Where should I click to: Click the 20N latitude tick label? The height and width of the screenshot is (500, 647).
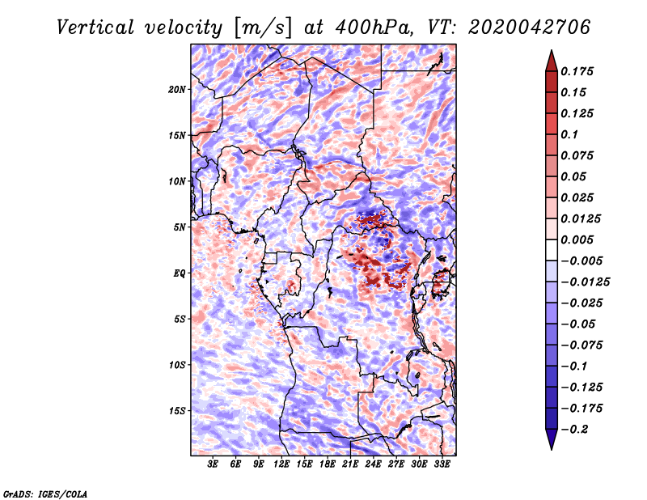[x=177, y=90]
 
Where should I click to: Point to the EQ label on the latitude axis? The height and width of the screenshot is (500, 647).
[x=179, y=273]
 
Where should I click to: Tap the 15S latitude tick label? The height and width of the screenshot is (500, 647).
[x=177, y=411]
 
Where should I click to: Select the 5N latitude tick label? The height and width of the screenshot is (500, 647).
[x=180, y=227]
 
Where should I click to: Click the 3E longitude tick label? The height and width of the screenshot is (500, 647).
[x=213, y=464]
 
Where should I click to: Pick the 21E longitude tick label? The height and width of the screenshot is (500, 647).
[x=350, y=464]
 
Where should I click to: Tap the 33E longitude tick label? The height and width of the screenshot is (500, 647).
[x=442, y=464]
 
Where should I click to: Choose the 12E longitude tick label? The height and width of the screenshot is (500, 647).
[x=281, y=464]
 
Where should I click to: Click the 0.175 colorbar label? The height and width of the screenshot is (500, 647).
[x=577, y=71]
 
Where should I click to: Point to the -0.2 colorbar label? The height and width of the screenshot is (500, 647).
[x=574, y=430]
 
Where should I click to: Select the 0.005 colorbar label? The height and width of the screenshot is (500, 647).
[x=577, y=239]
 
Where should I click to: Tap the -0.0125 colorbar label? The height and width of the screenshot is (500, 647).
[x=585, y=282]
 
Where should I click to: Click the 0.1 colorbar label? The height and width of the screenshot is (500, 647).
[x=569, y=134]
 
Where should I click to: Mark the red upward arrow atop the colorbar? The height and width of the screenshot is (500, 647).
[x=552, y=61]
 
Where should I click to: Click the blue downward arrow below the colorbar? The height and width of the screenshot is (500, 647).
[x=552, y=439]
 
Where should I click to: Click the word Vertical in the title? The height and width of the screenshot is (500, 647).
[x=95, y=28]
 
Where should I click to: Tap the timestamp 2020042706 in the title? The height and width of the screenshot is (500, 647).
[x=530, y=28]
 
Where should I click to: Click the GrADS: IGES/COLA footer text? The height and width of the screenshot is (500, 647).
[x=45, y=494]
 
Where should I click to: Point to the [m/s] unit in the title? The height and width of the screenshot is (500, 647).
[x=262, y=28]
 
